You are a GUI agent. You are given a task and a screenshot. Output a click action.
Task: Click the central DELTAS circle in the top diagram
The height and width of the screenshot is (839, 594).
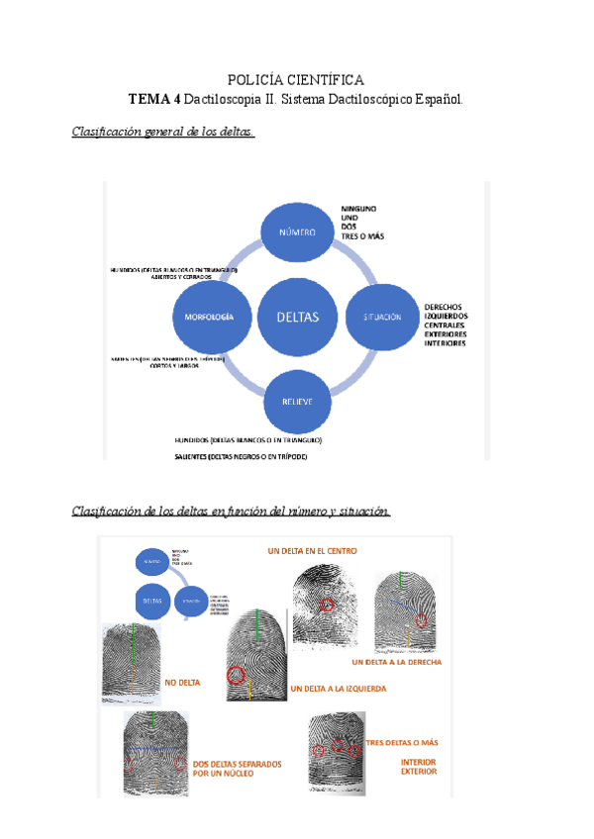298,318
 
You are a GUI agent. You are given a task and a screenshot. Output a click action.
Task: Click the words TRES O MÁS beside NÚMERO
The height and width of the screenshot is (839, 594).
362,236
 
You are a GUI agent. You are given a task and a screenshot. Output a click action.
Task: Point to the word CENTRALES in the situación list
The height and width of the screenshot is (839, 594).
445,326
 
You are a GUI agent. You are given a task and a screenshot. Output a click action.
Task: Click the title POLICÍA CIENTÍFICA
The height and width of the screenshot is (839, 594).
296,80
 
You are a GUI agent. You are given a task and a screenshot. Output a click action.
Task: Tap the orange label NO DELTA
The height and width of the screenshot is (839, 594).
184,682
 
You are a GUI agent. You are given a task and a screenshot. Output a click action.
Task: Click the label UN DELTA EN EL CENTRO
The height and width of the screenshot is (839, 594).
313,550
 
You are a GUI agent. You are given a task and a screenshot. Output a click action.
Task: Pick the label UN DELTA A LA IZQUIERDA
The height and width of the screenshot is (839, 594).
339,688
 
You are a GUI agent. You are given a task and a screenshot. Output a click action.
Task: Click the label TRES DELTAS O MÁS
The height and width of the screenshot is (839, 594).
402,742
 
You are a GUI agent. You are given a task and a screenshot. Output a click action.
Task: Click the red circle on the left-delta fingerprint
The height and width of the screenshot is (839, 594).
236,676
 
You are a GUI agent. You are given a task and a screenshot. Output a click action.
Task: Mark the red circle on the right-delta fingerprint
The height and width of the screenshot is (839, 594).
423,621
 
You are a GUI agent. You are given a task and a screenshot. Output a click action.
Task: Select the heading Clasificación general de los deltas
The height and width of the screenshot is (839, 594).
163,133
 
